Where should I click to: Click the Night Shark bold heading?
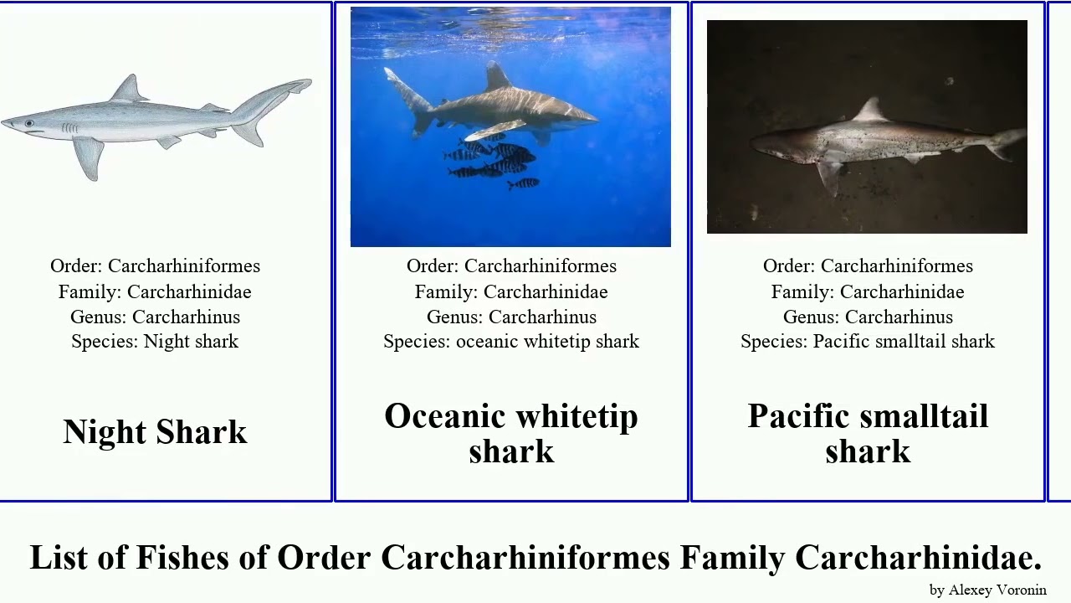pos(155,432)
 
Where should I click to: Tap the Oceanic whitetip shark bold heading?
pos(510,433)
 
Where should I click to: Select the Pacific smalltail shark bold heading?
pos(868,433)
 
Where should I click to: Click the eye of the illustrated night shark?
pos(30,123)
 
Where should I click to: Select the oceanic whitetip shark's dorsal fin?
pos(497,77)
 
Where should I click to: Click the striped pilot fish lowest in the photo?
pos(524,183)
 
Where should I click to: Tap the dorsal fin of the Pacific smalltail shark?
pos(872,110)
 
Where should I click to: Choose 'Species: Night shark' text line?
pos(155,342)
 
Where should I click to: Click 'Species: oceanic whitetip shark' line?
pos(510,342)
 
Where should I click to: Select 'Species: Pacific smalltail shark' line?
pos(867,342)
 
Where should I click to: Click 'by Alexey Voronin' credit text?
pos(987,590)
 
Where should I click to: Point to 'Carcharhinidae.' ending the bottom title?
pos(918,558)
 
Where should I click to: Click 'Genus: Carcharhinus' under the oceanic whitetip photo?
pos(510,317)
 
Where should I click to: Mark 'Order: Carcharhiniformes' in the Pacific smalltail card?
pos(867,266)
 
